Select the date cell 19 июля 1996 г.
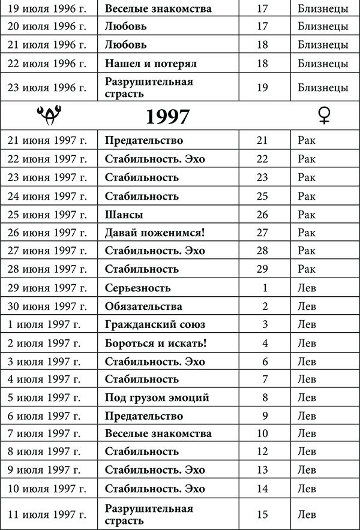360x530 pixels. tap(47, 9)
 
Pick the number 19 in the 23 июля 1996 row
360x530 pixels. tap(262, 87)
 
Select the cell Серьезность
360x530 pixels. tap(137, 288)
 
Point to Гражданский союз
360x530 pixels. tap(155, 324)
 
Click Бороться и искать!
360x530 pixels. tap(155, 343)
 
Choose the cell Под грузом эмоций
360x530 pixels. tap(157, 397)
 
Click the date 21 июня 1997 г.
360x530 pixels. tap(47, 140)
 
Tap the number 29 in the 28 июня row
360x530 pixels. tap(262, 269)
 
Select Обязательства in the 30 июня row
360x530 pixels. tap(143, 306)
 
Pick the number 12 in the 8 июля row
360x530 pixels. tap(262, 451)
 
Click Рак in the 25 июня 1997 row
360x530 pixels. tap(306, 215)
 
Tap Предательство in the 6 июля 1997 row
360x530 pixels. tap(144, 415)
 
